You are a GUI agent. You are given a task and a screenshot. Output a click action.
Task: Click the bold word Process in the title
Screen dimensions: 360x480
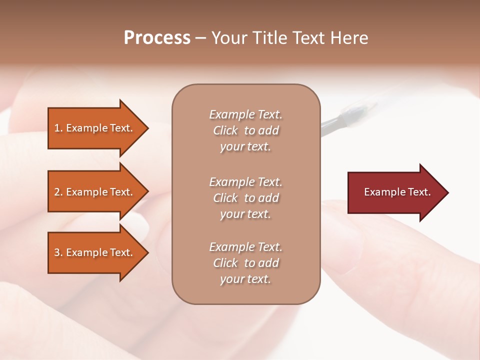click(157, 38)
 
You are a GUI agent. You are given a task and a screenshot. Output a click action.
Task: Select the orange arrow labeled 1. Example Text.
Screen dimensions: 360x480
click(95, 128)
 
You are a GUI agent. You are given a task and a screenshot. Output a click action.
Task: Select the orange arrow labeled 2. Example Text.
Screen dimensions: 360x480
click(95, 192)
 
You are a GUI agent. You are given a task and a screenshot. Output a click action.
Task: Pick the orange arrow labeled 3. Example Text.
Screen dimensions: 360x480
click(95, 252)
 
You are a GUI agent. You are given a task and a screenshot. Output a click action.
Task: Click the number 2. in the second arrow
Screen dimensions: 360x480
click(58, 192)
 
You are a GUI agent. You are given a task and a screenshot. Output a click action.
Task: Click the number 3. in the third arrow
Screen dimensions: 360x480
click(58, 252)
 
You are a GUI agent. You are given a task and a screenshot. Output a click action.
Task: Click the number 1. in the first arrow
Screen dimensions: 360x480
click(58, 128)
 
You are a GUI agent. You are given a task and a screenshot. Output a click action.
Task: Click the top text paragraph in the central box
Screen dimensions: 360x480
click(245, 130)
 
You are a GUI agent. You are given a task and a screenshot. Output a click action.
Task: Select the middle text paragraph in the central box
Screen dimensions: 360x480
click(245, 198)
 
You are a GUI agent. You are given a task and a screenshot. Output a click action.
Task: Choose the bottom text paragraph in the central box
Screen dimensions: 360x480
click(245, 263)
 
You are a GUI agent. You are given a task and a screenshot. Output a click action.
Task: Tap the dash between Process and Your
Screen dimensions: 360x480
click(200, 38)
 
